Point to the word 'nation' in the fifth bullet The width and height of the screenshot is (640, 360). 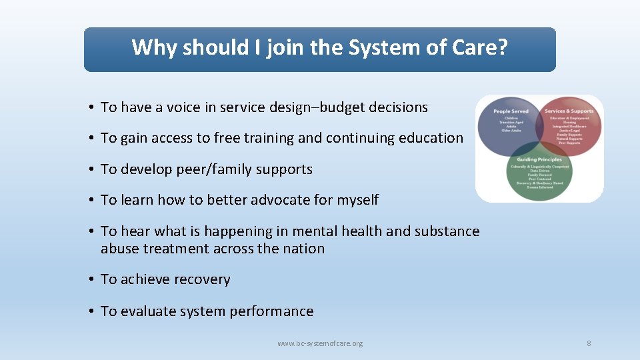[x=303, y=249]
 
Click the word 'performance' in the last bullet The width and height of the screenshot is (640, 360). [x=273, y=311]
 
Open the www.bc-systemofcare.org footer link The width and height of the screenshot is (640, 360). [x=320, y=343]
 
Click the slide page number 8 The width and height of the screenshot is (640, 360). [x=589, y=343]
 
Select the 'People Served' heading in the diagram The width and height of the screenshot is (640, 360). [x=511, y=111]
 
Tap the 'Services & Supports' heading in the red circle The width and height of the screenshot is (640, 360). [x=569, y=111]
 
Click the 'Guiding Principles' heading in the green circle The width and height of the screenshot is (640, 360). [x=539, y=160]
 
